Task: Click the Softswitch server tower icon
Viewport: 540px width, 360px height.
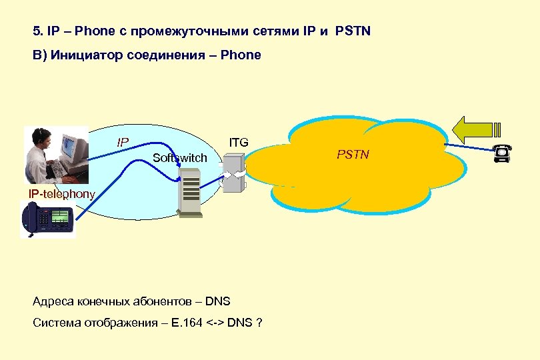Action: click(191, 191)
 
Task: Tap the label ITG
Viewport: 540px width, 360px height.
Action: click(238, 142)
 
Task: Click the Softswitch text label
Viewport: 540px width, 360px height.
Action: click(179, 158)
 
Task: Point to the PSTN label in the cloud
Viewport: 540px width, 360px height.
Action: click(353, 155)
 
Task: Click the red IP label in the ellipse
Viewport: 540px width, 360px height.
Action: click(123, 142)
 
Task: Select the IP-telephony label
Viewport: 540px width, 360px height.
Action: click(61, 193)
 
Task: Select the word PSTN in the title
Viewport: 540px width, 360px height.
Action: click(353, 31)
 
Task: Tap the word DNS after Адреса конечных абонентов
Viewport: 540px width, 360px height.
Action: click(217, 301)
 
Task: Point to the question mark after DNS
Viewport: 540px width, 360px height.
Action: click(259, 323)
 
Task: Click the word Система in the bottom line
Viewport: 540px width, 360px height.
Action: click(56, 323)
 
